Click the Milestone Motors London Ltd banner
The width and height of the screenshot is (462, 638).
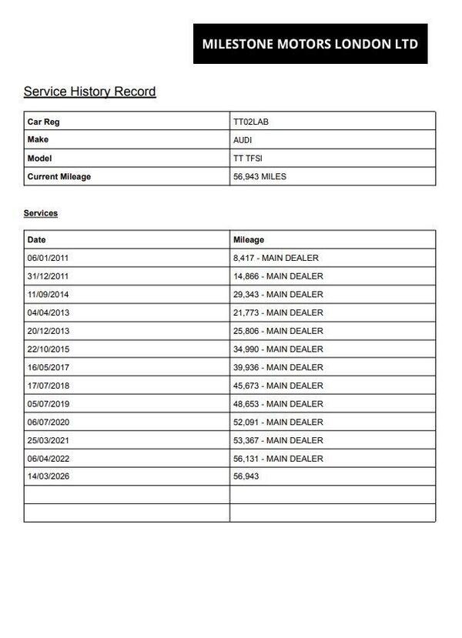tap(310, 44)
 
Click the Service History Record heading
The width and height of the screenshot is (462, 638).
tap(89, 92)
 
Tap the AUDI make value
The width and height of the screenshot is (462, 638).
tap(243, 140)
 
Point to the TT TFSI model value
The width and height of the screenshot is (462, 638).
tap(248, 159)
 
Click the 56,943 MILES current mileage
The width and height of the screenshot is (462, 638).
tap(259, 177)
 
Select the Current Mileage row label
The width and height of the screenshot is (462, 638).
tap(59, 177)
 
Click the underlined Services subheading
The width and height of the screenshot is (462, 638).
tap(41, 213)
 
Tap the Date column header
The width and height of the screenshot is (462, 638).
tap(36, 240)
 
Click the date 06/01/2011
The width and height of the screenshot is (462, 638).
tap(48, 258)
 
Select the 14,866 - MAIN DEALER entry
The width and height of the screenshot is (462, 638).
tap(278, 276)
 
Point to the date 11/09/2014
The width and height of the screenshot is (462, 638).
tap(48, 295)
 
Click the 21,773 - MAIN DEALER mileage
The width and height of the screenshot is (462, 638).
tap(278, 312)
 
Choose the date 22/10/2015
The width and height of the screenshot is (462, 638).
tap(48, 349)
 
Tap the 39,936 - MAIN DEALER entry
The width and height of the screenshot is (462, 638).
tap(278, 367)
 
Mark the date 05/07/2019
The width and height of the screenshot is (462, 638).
tap(48, 404)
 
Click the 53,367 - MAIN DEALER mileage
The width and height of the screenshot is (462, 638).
tap(278, 440)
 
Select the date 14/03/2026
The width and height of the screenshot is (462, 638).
tap(48, 476)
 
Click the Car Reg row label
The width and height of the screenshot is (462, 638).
tap(43, 122)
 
